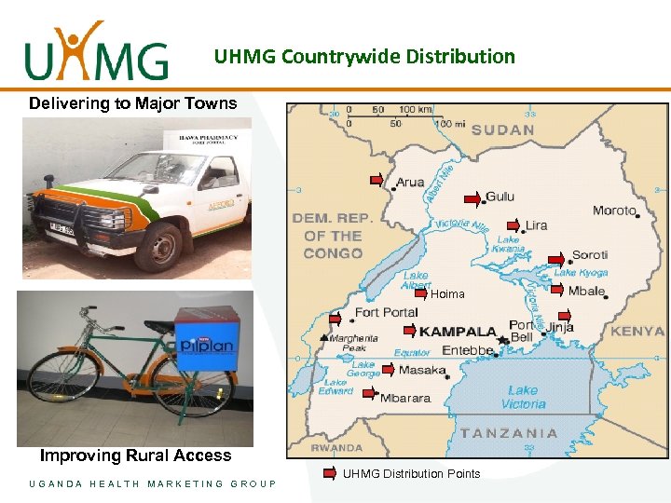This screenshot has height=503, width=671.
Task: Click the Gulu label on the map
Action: [500, 197]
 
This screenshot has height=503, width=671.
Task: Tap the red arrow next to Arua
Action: [377, 179]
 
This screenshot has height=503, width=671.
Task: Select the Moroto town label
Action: [614, 211]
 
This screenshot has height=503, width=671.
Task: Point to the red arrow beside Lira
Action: [514, 225]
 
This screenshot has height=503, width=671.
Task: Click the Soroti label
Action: [589, 254]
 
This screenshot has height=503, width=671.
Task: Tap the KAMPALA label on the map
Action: [457, 331]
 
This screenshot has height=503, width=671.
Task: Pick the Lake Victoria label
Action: [524, 398]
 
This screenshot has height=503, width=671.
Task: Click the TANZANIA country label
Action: [509, 433]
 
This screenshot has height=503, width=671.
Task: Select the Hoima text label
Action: [447, 294]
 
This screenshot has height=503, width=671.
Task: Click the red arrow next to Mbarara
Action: [369, 393]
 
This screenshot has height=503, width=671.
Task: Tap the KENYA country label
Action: [637, 331]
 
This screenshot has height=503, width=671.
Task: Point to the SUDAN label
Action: [502, 129]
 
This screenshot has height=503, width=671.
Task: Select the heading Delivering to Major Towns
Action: [133, 103]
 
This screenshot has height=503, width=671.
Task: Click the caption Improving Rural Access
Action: [135, 455]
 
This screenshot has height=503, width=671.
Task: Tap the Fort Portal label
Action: [386, 313]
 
